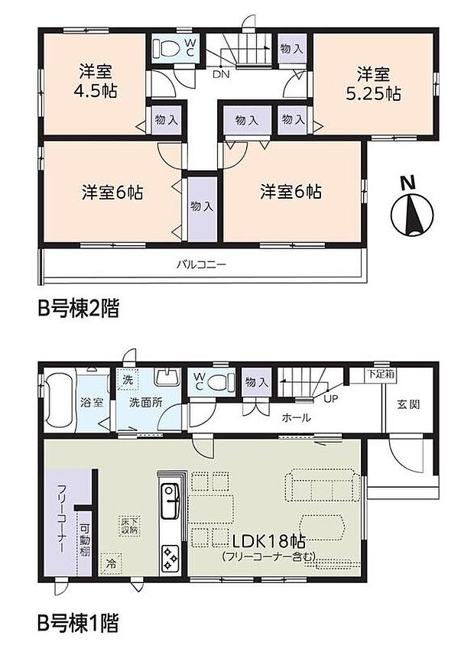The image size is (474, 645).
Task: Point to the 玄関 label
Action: [406, 404]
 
